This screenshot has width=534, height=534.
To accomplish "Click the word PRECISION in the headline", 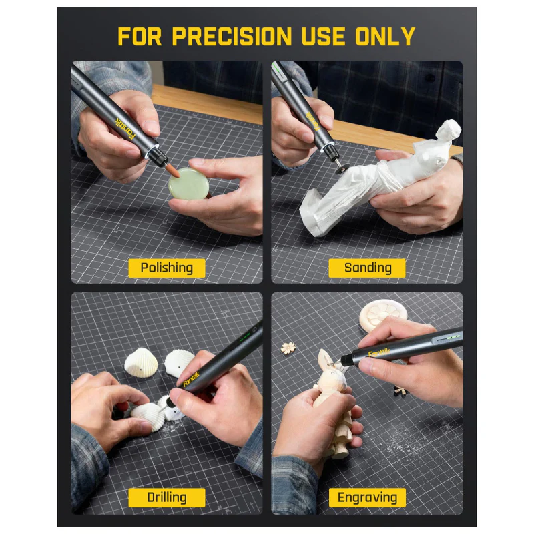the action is click(232, 36).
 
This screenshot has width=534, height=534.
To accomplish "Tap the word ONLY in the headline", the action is click(385, 36).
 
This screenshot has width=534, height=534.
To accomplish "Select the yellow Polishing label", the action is click(166, 268).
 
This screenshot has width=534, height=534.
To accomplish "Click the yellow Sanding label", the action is click(367, 268).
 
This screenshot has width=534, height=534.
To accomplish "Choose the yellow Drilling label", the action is click(166, 497).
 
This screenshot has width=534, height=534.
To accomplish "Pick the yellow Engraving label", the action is click(367, 497).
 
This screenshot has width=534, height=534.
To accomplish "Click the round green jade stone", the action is click(189, 184).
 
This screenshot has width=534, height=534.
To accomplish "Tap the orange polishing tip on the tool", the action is click(173, 170).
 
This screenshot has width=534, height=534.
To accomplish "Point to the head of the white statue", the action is click(448, 130).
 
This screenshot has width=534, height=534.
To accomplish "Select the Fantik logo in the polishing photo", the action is click(125, 128).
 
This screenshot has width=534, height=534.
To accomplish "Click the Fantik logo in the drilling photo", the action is click(191, 378).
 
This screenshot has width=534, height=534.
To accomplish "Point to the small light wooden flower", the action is click(288, 348).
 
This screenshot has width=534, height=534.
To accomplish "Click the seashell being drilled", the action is click(147, 416).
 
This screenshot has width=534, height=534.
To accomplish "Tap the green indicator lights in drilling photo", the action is click(245, 337).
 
